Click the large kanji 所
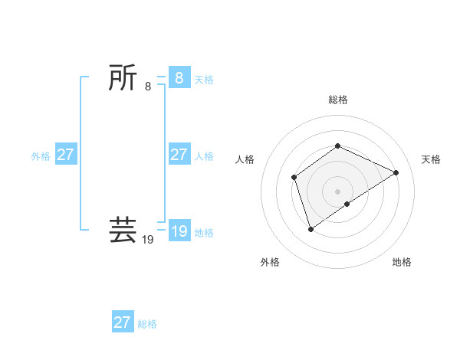tap(123, 78)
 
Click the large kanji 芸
tap(123, 230)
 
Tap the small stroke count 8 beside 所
tap(148, 87)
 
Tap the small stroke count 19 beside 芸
tap(148, 240)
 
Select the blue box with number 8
tap(179, 78)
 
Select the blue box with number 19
tap(179, 231)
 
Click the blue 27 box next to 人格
tap(179, 155)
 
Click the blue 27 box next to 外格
tap(66, 155)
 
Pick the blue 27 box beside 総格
tap(123, 322)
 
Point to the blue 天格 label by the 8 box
tap(204, 79)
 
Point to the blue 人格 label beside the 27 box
tap(204, 155)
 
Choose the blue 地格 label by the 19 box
tap(204, 232)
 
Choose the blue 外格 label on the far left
tap(41, 155)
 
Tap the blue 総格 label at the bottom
tap(147, 323)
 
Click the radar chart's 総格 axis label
tap(337, 100)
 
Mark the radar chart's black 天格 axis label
tap(431, 159)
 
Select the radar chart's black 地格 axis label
tap(402, 262)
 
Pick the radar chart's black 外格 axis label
tap(270, 262)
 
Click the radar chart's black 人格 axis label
tap(245, 159)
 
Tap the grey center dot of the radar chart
tap(337, 191)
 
